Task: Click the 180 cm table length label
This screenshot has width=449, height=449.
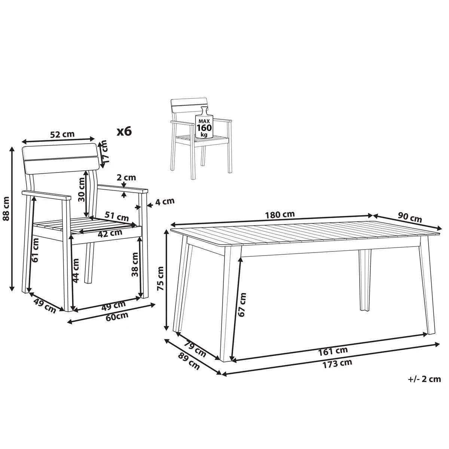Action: click(280, 214)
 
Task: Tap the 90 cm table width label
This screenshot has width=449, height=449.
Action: click(410, 217)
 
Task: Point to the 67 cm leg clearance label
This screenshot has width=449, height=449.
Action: click(242, 305)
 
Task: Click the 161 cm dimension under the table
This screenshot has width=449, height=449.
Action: click(333, 351)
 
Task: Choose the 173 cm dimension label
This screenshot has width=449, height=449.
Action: click(337, 363)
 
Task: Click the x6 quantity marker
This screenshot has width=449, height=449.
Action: click(124, 131)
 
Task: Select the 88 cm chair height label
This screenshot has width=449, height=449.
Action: click(6, 219)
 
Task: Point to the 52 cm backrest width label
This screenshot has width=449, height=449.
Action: click(62, 134)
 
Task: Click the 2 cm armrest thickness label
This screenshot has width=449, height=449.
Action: click(126, 177)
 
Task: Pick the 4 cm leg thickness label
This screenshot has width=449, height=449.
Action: click(165, 202)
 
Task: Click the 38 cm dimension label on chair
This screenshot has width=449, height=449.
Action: click(135, 264)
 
